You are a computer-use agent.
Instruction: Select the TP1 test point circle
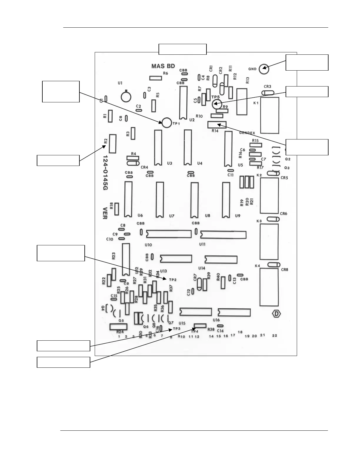pyautogui.click(x=166, y=122)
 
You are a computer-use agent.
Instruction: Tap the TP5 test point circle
pyautogui.click(x=216, y=104)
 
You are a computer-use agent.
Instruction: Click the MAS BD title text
pyautogui.click(x=163, y=66)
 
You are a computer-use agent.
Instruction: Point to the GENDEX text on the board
pyautogui.click(x=247, y=133)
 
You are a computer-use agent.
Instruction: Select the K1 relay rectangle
pyautogui.click(x=269, y=115)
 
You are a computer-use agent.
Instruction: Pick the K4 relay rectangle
pyautogui.click(x=269, y=287)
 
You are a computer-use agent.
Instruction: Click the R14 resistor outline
pyautogui.click(x=217, y=125)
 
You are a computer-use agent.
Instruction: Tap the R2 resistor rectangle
pyautogui.click(x=113, y=144)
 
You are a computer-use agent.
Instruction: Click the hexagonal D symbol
pyautogui.click(x=276, y=314)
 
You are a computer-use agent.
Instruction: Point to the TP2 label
pyautogui.click(x=173, y=280)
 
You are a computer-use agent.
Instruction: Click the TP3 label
pyautogui.click(x=176, y=328)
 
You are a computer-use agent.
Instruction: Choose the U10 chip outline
pyautogui.click(x=169, y=234)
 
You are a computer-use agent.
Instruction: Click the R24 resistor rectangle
pyautogui.click(x=118, y=327)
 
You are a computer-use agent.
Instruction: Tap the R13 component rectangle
pyautogui.click(x=242, y=102)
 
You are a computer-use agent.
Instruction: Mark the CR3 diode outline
pyautogui.click(x=267, y=93)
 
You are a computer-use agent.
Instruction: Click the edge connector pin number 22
pyautogui.click(x=274, y=335)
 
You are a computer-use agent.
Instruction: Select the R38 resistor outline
pyautogui.click(x=200, y=325)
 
